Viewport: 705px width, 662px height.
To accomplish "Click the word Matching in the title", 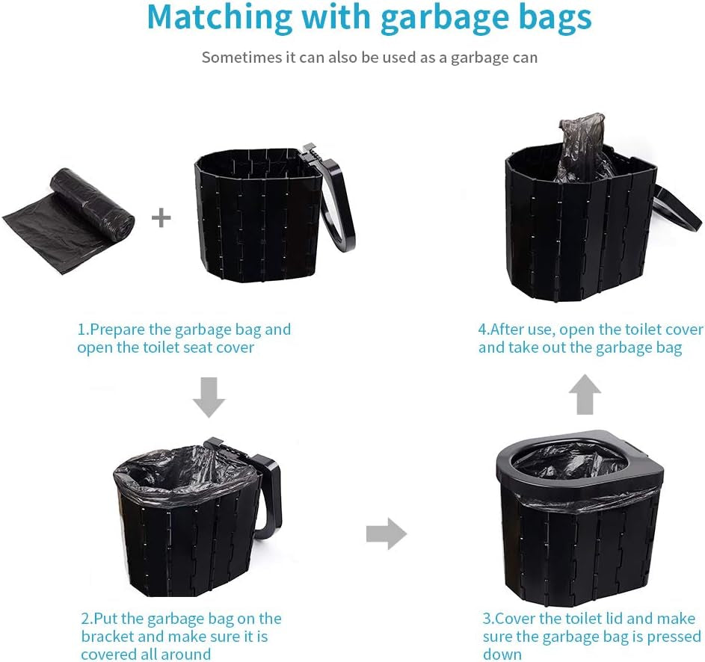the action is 219,17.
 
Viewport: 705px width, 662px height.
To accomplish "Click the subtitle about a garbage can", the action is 369,58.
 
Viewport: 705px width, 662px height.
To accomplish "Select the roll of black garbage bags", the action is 70,220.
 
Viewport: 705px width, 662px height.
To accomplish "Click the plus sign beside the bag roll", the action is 161,218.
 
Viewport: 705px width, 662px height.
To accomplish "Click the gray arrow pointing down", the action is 209,397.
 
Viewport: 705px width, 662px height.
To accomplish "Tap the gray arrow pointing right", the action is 387,534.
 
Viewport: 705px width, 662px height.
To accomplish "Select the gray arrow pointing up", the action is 585,395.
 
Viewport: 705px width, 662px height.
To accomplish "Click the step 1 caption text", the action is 184,338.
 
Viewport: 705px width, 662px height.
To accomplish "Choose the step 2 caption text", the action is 181,636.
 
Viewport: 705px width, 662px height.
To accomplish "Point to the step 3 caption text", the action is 591,636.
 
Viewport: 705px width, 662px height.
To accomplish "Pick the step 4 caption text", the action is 591,338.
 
